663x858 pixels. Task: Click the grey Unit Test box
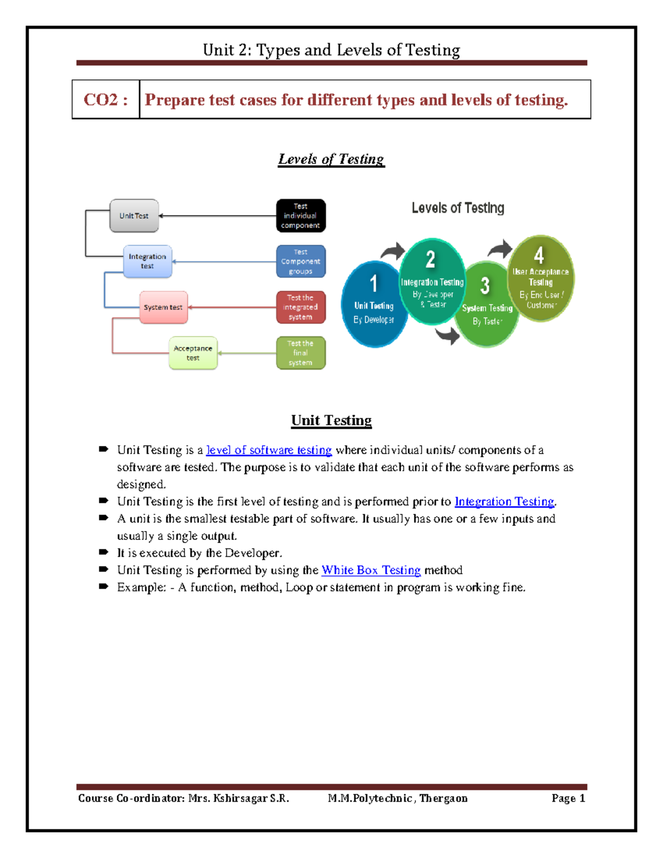134,216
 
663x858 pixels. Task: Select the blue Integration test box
148,261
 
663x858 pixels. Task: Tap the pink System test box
164,307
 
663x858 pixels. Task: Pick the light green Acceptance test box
193,353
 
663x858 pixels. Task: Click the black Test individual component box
301,216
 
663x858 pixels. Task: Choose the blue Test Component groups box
301,261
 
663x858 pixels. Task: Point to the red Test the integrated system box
301,307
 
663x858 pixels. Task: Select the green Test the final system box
301,353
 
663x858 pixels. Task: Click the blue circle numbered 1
373,304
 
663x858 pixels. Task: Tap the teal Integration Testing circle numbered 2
432,282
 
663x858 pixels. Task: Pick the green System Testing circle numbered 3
487,307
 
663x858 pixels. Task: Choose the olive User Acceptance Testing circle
540,279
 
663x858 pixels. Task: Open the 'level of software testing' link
269,450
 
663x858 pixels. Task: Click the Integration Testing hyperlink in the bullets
504,502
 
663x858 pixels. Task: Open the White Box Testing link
371,570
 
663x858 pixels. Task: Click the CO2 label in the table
106,100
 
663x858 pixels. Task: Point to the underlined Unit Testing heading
331,420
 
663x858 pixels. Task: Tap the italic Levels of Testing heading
331,160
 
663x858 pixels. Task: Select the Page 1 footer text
568,798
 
